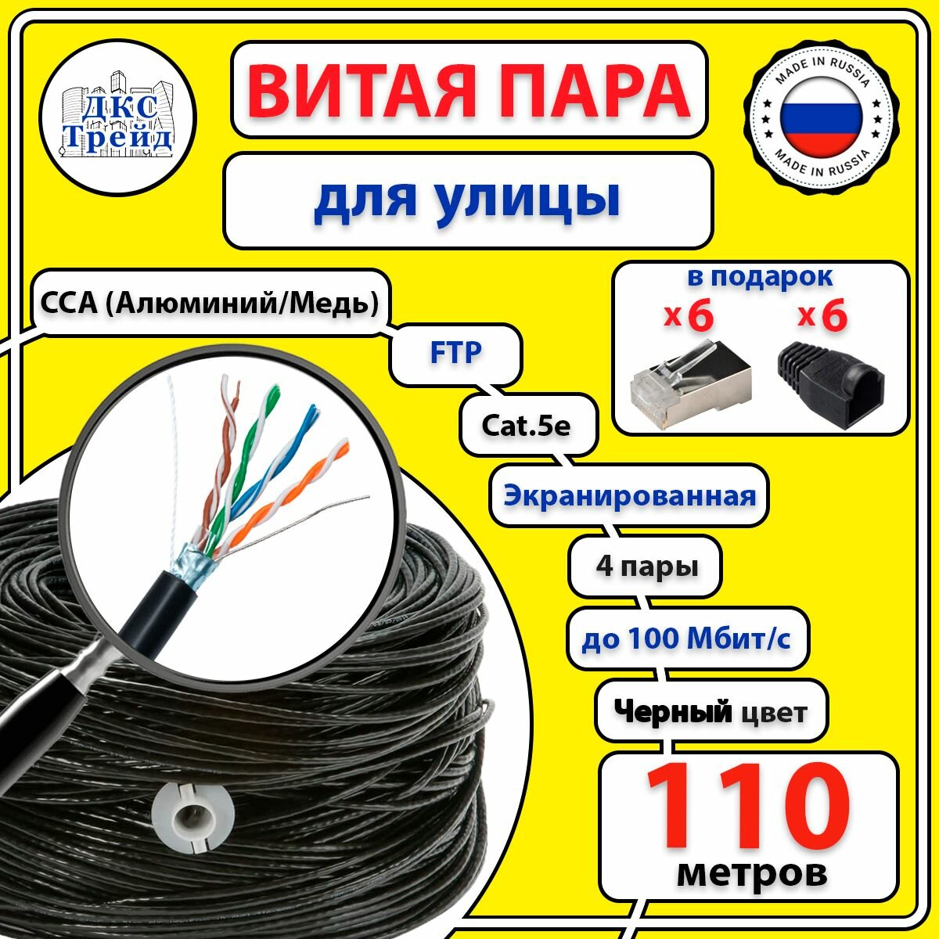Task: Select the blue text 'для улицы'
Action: click(467, 199)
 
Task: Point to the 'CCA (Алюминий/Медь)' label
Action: click(209, 302)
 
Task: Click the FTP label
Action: click(456, 353)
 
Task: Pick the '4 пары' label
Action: click(646, 565)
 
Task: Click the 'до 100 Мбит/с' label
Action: click(685, 639)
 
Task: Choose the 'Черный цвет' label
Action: click(710, 711)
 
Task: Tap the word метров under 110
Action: click(751, 871)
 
